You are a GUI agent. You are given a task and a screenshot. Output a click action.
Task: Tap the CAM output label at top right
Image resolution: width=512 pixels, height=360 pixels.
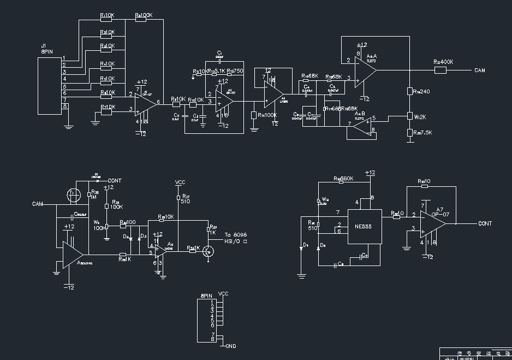click(x=479, y=70)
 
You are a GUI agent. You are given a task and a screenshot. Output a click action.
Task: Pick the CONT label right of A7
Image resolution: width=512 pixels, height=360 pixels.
click(x=485, y=223)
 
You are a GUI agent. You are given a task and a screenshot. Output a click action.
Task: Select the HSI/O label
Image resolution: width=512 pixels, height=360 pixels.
click(x=236, y=241)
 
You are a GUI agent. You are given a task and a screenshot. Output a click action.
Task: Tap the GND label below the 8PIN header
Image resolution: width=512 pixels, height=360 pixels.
click(x=230, y=346)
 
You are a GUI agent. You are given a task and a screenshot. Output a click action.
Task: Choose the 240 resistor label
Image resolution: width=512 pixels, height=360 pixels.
click(x=421, y=91)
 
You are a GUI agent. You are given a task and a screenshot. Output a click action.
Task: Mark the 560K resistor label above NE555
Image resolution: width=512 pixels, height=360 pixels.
click(x=344, y=179)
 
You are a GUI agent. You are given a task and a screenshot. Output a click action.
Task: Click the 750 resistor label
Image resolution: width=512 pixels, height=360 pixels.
click(x=235, y=71)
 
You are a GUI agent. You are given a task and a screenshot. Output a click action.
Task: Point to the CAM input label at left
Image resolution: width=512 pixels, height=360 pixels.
click(x=37, y=204)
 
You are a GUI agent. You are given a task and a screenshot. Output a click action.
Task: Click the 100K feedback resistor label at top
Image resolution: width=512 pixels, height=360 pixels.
click(x=144, y=16)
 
